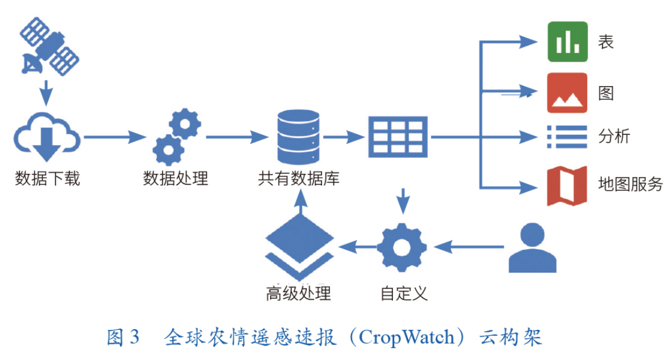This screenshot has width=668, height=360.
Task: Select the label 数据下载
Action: (47, 179)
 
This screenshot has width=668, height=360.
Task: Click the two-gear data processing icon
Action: (176, 137)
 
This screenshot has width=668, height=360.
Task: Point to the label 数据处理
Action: (175, 179)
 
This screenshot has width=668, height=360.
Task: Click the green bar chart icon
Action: (567, 42)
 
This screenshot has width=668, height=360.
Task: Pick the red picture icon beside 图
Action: (567, 93)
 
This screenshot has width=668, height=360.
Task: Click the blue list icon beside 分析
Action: (567, 137)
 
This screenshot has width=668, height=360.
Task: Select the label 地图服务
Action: (630, 184)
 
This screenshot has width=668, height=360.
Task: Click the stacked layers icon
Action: (299, 245)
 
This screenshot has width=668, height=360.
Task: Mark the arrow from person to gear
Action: (469, 247)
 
